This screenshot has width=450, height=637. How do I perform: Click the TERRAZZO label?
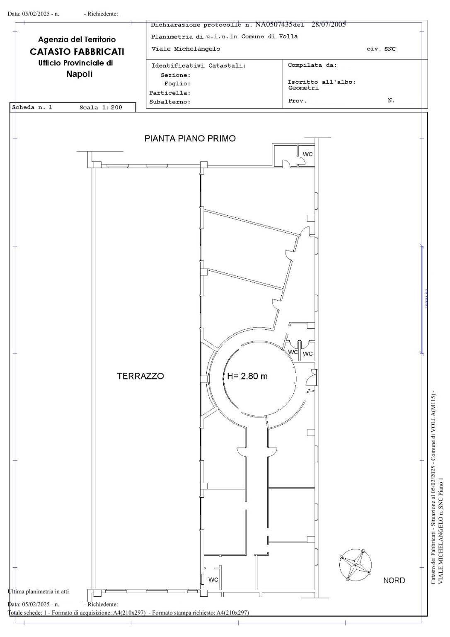pos(140,376)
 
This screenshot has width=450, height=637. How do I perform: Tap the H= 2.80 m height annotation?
pos(247,376)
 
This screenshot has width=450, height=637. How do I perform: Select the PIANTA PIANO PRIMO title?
pos(190,139)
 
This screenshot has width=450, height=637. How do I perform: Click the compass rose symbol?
pos(355,565)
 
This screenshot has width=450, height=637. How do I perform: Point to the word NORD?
pos(394,580)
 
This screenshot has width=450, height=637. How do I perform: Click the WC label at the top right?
pos(307,154)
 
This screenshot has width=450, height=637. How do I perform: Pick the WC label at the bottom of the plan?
pos(213,579)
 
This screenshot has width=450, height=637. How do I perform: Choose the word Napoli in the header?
pos(79,74)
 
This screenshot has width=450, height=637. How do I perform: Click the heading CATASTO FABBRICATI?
pos(77,52)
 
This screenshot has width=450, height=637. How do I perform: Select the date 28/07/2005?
pos(329,24)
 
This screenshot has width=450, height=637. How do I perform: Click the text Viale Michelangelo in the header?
pos(186,49)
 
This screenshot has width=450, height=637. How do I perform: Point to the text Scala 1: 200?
pos(101,107)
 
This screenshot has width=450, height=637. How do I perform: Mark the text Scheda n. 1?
pos(32,107)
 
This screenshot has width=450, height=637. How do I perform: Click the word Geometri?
pos(303,88)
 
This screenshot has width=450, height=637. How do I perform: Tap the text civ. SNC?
pos(381,49)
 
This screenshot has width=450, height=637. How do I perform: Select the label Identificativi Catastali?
pos(198,66)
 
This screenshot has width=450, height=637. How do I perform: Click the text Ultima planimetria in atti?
pos(38,591)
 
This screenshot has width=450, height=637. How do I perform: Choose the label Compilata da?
pos(312,65)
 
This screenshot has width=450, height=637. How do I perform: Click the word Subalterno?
pos(170,102)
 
